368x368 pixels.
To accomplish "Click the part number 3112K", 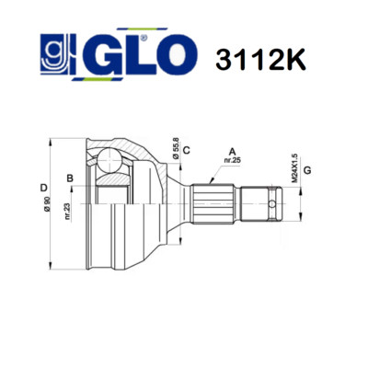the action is pyautogui.click(x=260, y=59).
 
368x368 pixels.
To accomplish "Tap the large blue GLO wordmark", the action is pyautogui.click(x=135, y=54).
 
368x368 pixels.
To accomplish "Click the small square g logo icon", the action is pyautogui.click(x=54, y=54).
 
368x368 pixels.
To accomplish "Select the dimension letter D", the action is pyautogui.click(x=44, y=188).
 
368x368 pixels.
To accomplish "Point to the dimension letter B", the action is pyautogui.click(x=70, y=178).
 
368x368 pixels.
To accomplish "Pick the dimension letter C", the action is pyautogui.click(x=187, y=150).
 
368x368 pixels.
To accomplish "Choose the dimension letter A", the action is pyautogui.click(x=233, y=151).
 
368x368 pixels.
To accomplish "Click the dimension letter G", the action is pyautogui.click(x=307, y=170).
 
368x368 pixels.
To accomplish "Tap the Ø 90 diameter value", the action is pyautogui.click(x=47, y=204).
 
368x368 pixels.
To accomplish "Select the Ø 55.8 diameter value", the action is pyautogui.click(x=176, y=148).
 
